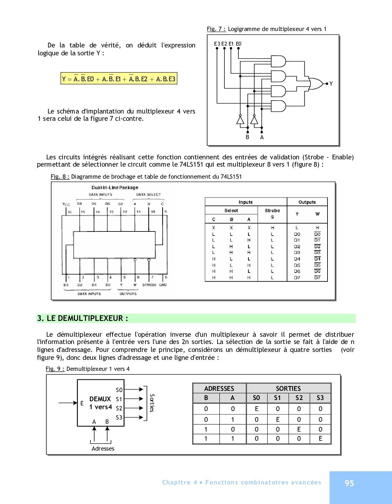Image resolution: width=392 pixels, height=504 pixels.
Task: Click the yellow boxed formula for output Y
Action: [119, 79]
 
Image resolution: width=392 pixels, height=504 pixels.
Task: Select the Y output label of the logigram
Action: [331, 84]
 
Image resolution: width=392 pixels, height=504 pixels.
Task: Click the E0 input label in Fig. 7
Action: [239, 44]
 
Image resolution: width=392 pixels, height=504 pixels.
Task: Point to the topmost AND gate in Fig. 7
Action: [278, 61]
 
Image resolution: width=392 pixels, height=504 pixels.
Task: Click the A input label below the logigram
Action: [262, 137]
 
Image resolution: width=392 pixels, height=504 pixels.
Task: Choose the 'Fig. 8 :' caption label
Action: [60, 176]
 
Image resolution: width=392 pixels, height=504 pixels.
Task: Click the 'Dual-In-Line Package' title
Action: [115, 187]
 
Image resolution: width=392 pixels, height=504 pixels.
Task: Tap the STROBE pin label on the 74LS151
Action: [149, 285]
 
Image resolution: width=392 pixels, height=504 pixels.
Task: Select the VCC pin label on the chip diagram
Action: [66, 204]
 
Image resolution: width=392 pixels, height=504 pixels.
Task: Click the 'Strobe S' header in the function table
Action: [272, 213]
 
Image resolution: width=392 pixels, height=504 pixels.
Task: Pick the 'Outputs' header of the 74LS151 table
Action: [307, 202]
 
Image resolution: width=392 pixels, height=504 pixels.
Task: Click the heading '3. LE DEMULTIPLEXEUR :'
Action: [83, 318]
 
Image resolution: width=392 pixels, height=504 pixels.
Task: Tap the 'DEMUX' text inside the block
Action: [100, 399]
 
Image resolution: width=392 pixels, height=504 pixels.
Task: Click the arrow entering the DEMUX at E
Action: [68, 403]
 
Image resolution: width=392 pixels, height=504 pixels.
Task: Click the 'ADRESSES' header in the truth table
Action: [219, 388]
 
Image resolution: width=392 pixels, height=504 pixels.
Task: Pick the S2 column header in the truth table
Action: [299, 398]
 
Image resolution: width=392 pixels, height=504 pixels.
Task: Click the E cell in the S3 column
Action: [320, 439]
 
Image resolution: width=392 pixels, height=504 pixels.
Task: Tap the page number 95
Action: [349, 483]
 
